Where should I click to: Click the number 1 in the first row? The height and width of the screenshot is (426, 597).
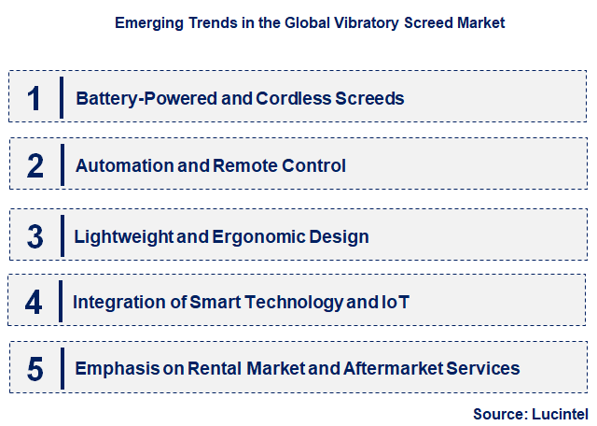coord(35,97)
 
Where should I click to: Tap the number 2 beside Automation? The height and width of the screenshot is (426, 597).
coord(35,166)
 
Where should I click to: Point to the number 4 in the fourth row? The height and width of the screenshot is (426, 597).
coord(34,303)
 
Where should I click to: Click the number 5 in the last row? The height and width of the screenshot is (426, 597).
coord(35,369)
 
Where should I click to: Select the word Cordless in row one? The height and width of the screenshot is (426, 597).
coord(280,97)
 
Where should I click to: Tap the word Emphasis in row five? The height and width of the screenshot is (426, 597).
coord(115,369)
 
